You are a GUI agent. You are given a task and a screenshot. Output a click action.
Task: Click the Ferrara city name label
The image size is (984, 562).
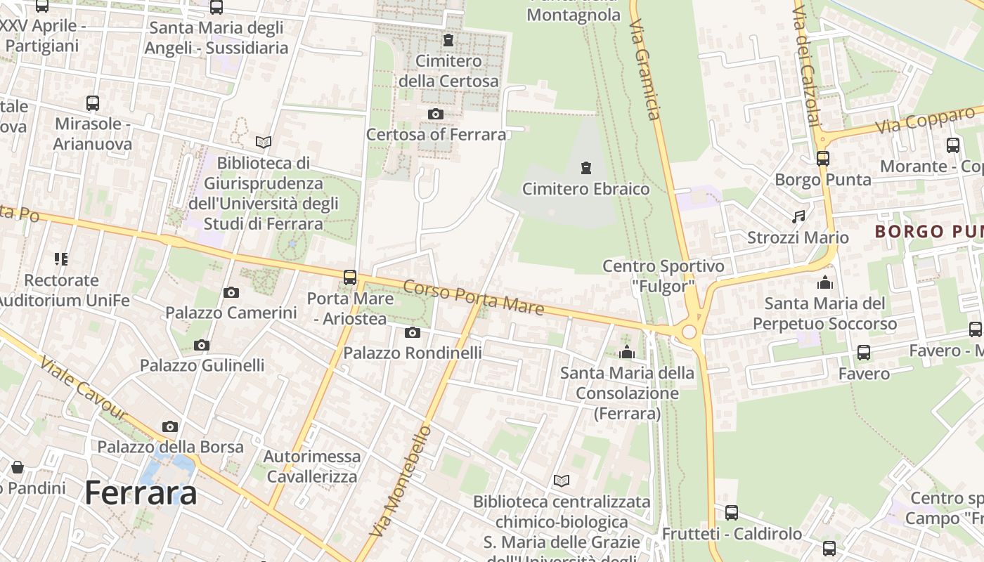coord(141,493)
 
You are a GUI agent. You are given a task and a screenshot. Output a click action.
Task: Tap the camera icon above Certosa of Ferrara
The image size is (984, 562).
coord(436,114)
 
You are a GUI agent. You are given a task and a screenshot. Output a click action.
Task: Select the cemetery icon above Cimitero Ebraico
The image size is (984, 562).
coord(585,168)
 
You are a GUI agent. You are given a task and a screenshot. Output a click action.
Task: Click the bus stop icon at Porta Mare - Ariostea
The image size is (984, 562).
coord(350,277)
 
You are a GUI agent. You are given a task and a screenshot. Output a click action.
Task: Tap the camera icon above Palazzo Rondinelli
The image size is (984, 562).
coord(413,332)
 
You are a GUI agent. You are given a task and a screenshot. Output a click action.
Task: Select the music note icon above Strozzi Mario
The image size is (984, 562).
coord(798,217)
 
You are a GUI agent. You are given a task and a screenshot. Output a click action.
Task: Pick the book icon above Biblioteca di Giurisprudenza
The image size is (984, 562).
coord(264,143)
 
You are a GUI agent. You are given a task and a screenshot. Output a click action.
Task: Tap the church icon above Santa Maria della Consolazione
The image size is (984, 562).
coord(627,352)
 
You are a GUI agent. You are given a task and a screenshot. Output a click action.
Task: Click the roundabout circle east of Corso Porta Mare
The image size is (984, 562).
coord(689,332)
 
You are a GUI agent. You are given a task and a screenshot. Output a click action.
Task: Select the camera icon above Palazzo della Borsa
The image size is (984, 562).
coord(170,426)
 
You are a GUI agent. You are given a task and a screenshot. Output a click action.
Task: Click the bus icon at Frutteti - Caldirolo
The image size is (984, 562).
coord(732,513)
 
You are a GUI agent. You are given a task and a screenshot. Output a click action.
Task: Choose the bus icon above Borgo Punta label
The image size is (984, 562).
coord(822,159)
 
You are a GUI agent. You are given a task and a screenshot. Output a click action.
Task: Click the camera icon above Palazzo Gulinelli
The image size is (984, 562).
coord(202,345)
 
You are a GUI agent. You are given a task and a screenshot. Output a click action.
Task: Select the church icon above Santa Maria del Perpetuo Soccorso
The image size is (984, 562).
coord(824,282)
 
